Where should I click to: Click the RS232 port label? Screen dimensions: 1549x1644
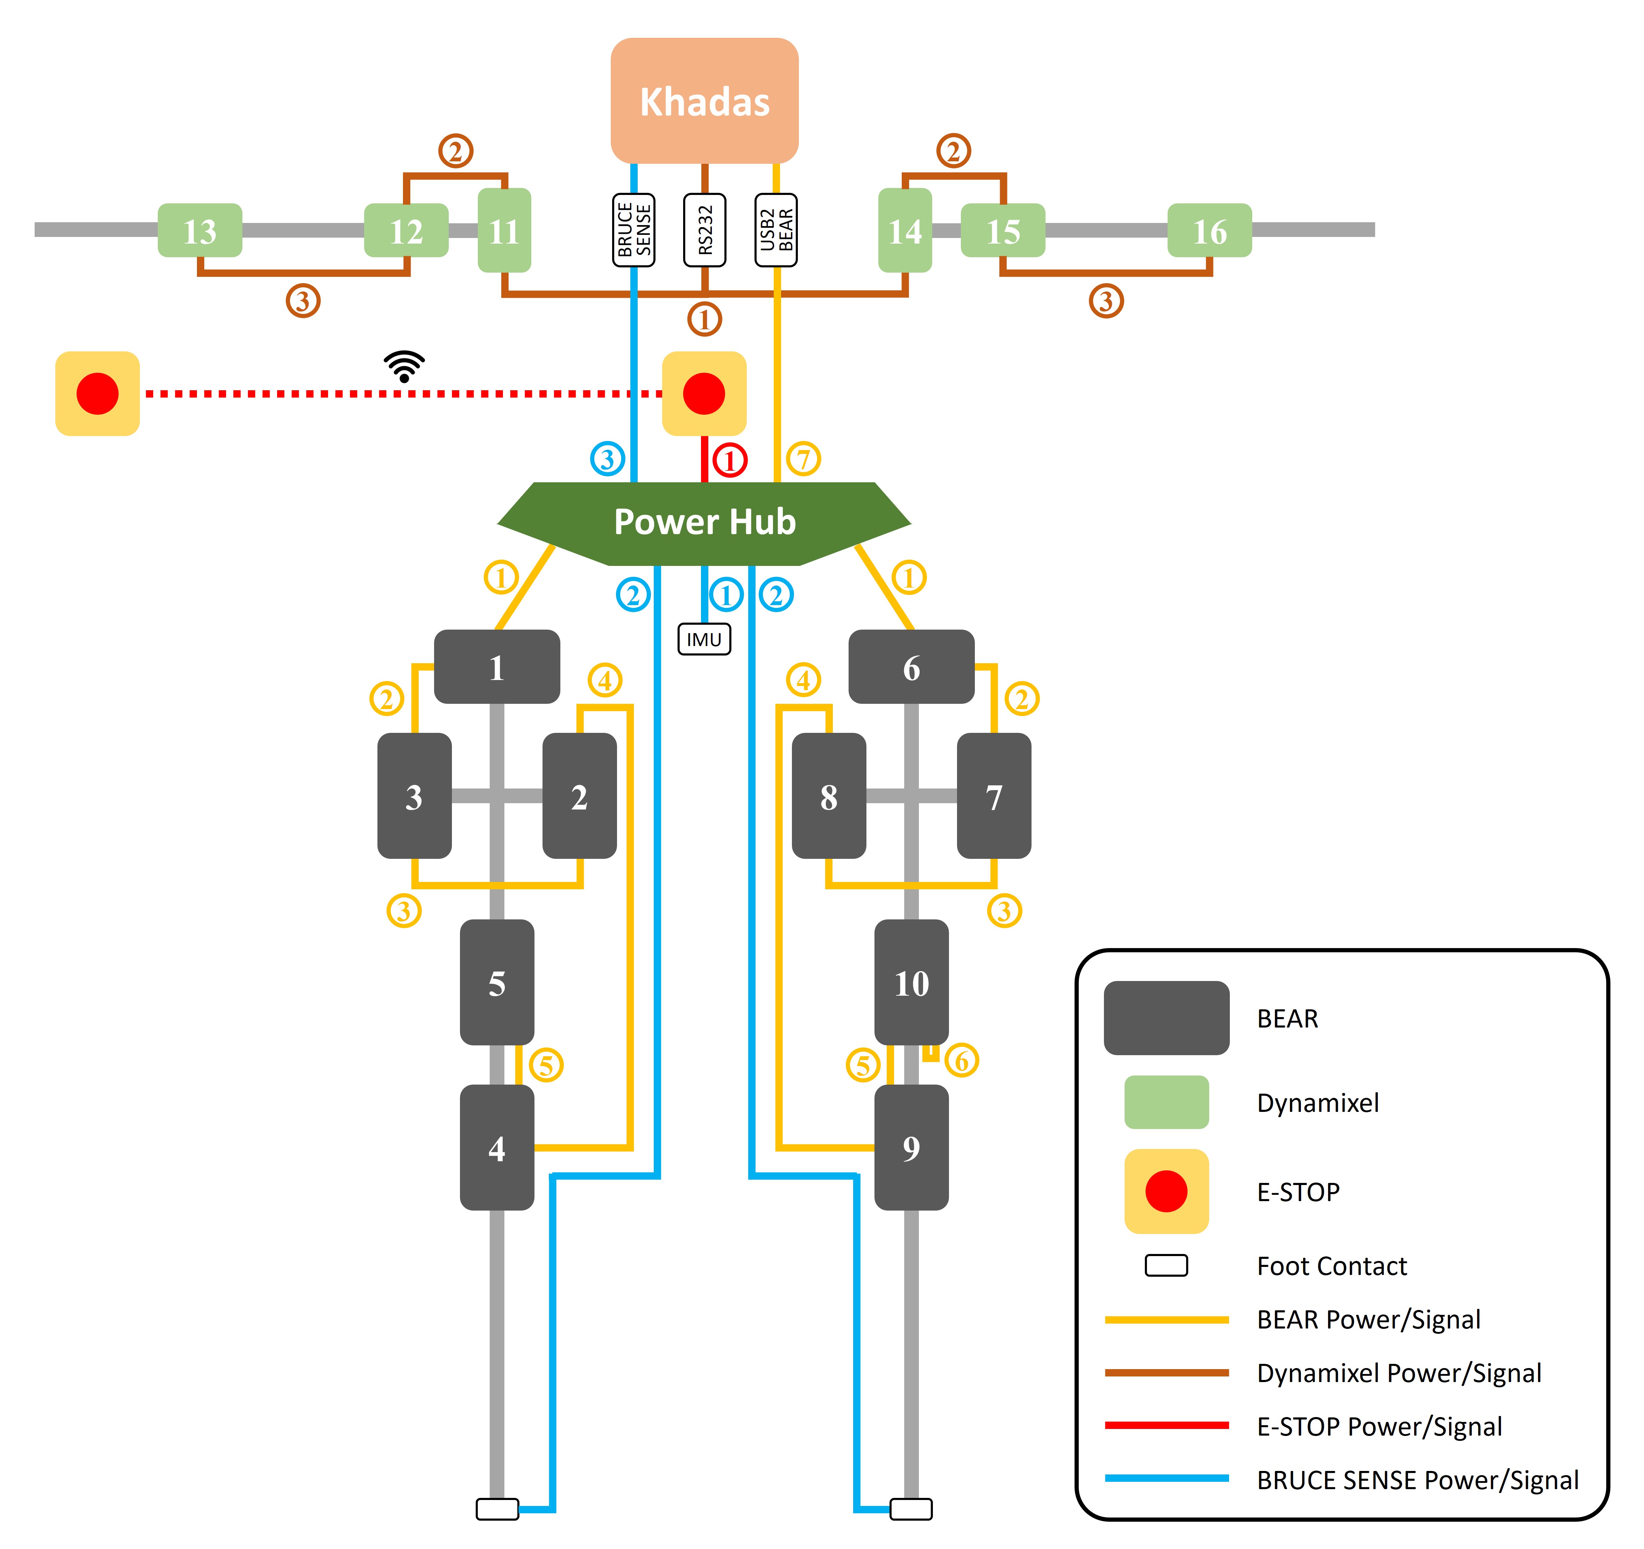coord(704,230)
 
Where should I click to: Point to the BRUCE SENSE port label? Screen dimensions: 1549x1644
coord(633,230)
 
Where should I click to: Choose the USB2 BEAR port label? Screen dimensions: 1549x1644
coord(776,230)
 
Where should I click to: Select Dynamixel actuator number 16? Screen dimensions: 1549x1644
coord(1209,231)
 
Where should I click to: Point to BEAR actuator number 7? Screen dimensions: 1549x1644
coord(994,796)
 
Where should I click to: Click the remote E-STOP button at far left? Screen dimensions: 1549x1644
coord(98,394)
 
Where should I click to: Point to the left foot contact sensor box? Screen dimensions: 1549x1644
coord(497,1509)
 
